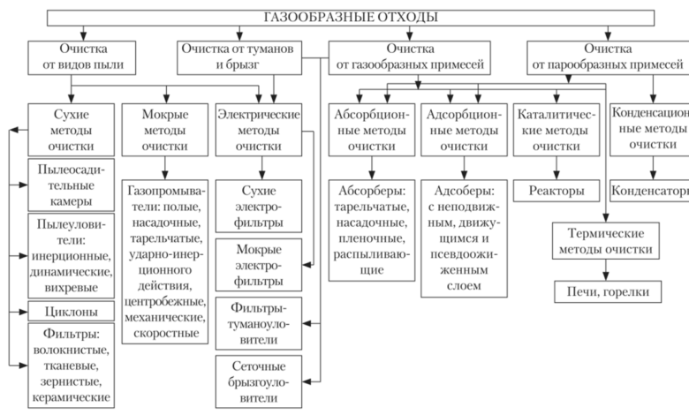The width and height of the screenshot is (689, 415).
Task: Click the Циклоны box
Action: [x=72, y=311]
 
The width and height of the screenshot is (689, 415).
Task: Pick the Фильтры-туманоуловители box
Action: [x=258, y=322]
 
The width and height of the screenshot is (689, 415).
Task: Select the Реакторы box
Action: [x=556, y=191]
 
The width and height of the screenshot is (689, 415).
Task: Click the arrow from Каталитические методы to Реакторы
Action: [x=556, y=168]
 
